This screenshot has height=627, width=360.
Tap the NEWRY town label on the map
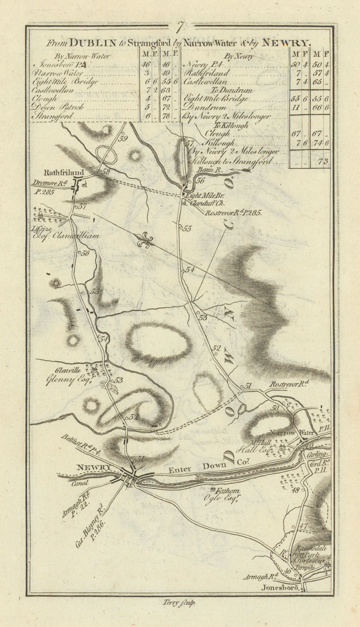[x=94, y=467]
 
